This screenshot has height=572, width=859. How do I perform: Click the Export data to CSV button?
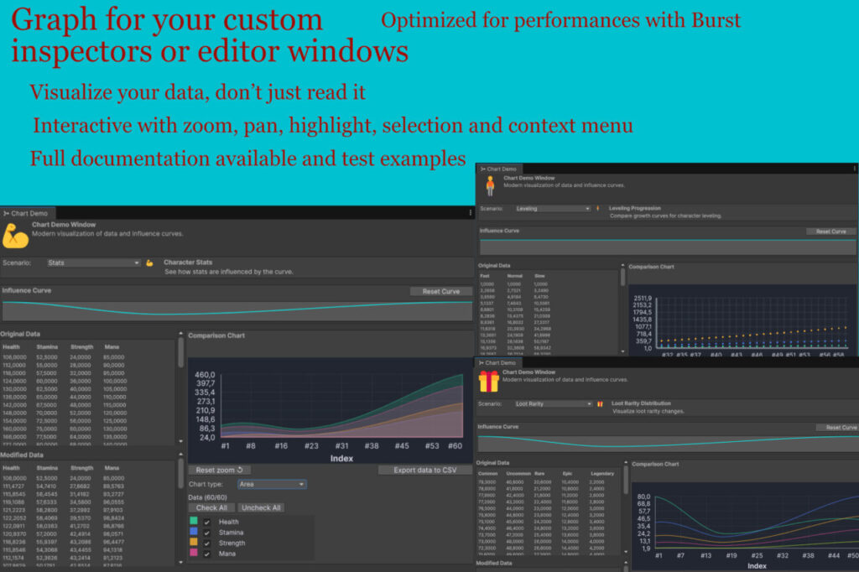(x=424, y=470)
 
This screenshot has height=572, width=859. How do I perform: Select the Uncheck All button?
(x=260, y=507)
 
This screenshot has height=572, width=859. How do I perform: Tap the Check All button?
(x=211, y=507)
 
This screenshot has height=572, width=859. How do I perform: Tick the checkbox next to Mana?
(x=207, y=554)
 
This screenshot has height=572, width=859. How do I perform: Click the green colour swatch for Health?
(x=194, y=522)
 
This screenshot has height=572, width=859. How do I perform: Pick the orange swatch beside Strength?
(x=194, y=543)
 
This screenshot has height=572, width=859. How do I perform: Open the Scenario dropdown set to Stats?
(x=93, y=263)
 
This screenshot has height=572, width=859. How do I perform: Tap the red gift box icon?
(x=488, y=382)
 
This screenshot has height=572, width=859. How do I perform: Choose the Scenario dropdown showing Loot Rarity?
(x=554, y=403)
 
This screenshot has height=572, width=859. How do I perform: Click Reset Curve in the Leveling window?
(x=830, y=231)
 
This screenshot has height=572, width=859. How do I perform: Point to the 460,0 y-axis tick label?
(x=205, y=375)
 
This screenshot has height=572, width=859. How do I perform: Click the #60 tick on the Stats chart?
(x=455, y=446)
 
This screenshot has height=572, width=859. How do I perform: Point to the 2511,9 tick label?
(x=643, y=298)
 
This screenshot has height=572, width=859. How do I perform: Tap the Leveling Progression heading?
(x=634, y=208)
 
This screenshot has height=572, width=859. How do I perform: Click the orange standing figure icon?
(x=490, y=185)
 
